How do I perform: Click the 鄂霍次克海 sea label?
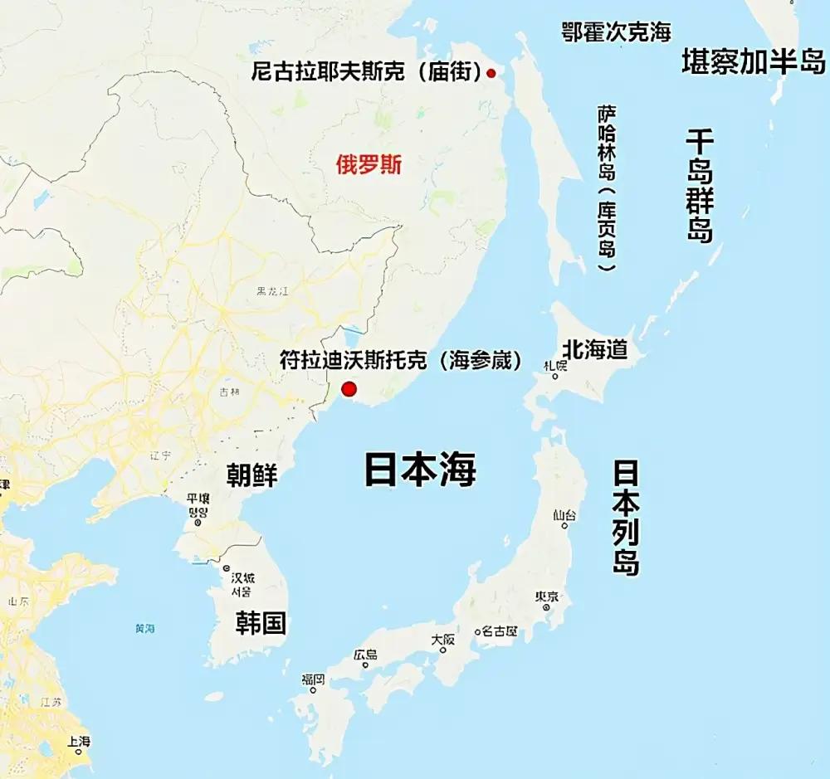tap(616, 32)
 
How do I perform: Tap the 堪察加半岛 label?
tap(754, 61)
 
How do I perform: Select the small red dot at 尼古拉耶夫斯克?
tap(491, 74)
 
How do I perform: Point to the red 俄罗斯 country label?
tap(369, 164)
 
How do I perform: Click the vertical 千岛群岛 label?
tap(699, 186)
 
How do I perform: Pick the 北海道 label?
tap(594, 349)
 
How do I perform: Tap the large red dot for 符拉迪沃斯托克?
tap(349, 389)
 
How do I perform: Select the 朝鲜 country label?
tap(252, 475)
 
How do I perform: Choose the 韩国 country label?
tap(261, 623)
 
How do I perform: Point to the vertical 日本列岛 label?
tap(626, 518)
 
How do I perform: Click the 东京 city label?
tap(546, 596)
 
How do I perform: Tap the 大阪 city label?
tap(443, 640)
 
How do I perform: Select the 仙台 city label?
tap(564, 515)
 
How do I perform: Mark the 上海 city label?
tap(80, 741)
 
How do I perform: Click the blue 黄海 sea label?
tap(145, 628)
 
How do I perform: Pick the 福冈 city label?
tap(313, 679)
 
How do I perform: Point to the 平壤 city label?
tap(198, 499)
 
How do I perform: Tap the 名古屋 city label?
tap(500, 631)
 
